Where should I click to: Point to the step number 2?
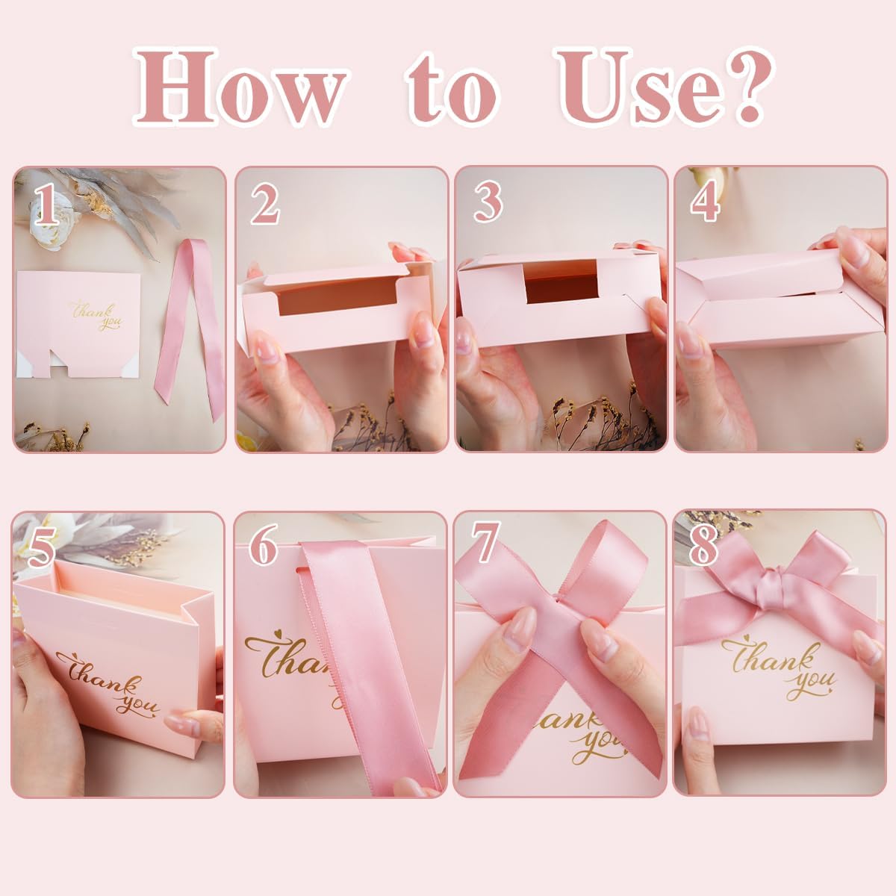(266, 204)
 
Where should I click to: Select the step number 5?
(42, 549)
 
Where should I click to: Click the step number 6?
(264, 544)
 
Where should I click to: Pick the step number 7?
(486, 542)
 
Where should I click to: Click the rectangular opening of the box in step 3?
(561, 281)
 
